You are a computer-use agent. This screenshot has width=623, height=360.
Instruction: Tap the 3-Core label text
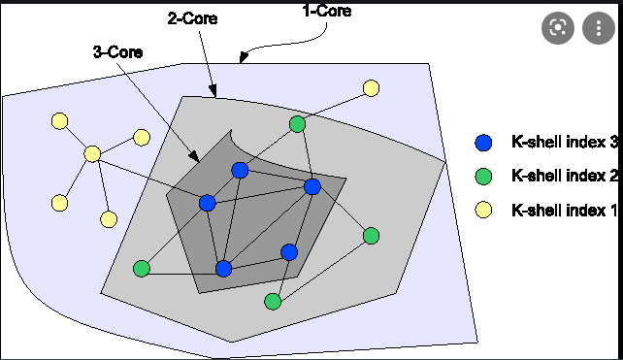point(118,52)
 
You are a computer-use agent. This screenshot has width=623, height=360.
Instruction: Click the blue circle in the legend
point(483,143)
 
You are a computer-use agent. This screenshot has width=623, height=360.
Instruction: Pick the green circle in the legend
point(483,176)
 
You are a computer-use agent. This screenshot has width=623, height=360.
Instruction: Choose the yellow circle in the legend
point(483,210)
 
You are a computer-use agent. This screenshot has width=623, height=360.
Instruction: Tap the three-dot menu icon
point(597,28)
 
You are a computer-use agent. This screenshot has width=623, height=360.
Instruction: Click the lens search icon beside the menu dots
point(557,28)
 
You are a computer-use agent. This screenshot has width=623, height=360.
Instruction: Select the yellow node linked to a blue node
point(92,153)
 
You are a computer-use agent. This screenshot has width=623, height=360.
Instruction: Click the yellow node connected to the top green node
point(371,88)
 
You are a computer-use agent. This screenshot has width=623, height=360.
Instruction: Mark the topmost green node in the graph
point(298,124)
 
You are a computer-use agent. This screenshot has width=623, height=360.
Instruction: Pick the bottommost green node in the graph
point(273,302)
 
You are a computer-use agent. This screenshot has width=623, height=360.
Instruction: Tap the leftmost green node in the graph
point(142,268)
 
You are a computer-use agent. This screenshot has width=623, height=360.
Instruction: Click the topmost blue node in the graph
point(241,171)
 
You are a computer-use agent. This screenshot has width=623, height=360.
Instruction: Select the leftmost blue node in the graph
point(207,203)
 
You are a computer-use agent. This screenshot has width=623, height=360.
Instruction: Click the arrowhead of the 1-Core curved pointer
point(243,59)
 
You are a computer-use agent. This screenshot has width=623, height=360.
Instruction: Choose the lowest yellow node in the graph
point(109,219)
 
